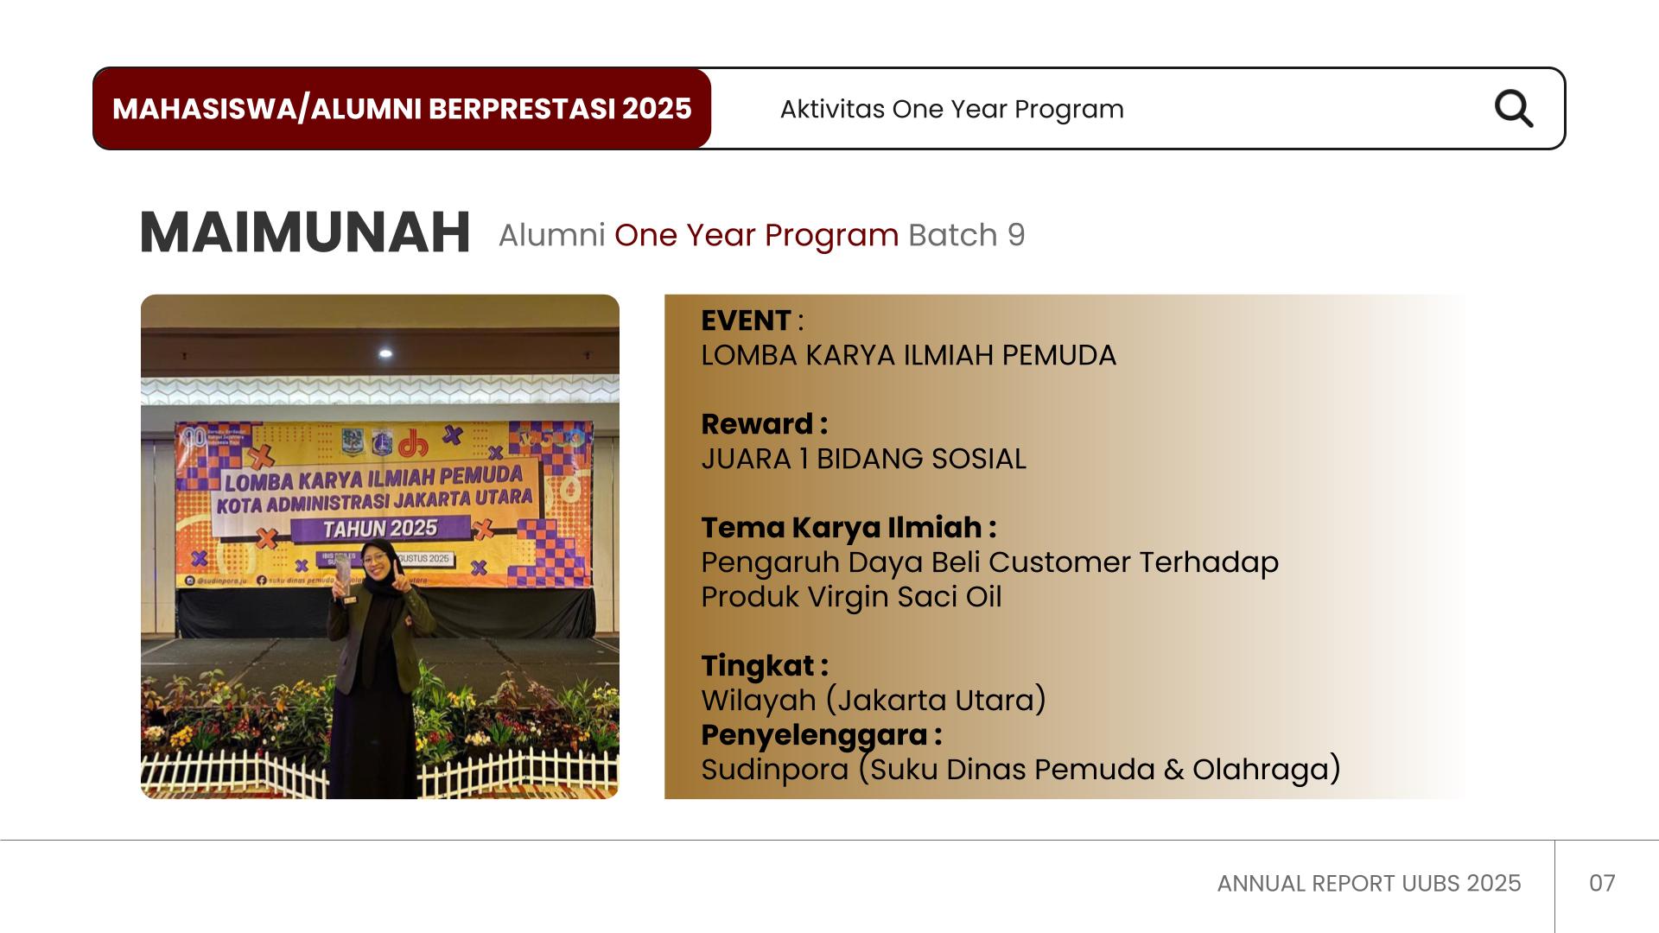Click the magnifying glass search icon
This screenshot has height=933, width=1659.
tap(1513, 109)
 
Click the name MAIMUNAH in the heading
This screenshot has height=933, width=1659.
tap(305, 233)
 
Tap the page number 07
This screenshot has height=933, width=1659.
tap(1602, 883)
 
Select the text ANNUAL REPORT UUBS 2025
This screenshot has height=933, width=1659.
tap(1369, 883)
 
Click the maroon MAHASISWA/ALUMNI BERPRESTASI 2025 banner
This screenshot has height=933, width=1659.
tap(402, 109)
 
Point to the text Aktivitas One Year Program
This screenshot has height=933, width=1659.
tap(951, 110)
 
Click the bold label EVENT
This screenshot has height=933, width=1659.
tap(746, 321)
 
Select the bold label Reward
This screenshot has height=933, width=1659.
tap(758, 424)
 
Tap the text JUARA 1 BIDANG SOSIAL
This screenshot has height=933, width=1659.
tap(863, 459)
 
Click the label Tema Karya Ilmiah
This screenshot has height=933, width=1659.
tap(842, 528)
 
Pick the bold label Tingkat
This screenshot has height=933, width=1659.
tap(758, 666)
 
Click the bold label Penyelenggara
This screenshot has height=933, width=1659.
tap(814, 735)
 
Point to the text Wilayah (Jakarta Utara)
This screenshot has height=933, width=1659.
tap(874, 700)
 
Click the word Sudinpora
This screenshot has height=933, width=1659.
tap(775, 769)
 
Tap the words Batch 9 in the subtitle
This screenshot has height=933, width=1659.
tap(966, 235)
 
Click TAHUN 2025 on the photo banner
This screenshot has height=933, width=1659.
tap(380, 529)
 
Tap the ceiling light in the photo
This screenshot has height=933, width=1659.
tap(385, 353)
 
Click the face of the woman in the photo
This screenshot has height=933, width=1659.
tap(377, 562)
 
